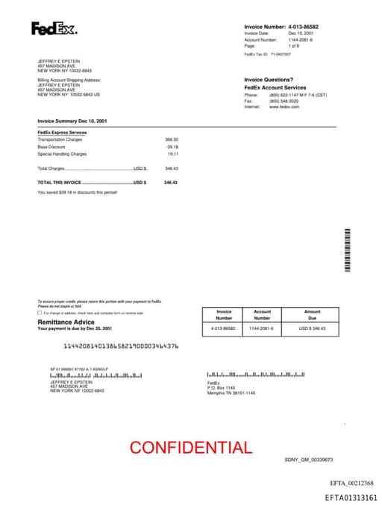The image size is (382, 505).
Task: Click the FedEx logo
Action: (x=54, y=29)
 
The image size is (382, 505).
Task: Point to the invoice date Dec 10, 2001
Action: (x=301, y=34)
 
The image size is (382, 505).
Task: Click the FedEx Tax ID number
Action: (x=281, y=54)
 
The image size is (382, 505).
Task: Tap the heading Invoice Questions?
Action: (x=269, y=80)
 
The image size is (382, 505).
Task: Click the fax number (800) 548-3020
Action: (x=284, y=101)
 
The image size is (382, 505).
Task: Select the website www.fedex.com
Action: (x=284, y=107)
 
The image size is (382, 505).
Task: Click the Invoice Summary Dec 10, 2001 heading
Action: (x=72, y=121)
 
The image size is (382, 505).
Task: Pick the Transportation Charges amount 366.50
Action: (x=172, y=139)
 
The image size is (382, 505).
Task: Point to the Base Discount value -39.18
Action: (x=172, y=147)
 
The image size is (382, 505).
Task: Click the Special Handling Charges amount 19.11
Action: (x=173, y=153)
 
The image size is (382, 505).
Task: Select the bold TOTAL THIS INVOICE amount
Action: (x=171, y=182)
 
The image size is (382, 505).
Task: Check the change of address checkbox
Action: (x=40, y=313)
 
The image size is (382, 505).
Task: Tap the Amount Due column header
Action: (x=312, y=314)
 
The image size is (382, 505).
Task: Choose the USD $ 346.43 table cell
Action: (x=312, y=328)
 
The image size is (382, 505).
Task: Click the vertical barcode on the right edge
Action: (x=347, y=250)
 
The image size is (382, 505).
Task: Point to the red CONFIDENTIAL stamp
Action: (x=190, y=448)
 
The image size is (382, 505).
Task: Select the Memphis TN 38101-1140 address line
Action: (x=231, y=393)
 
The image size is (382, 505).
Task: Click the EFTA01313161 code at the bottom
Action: (x=351, y=497)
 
